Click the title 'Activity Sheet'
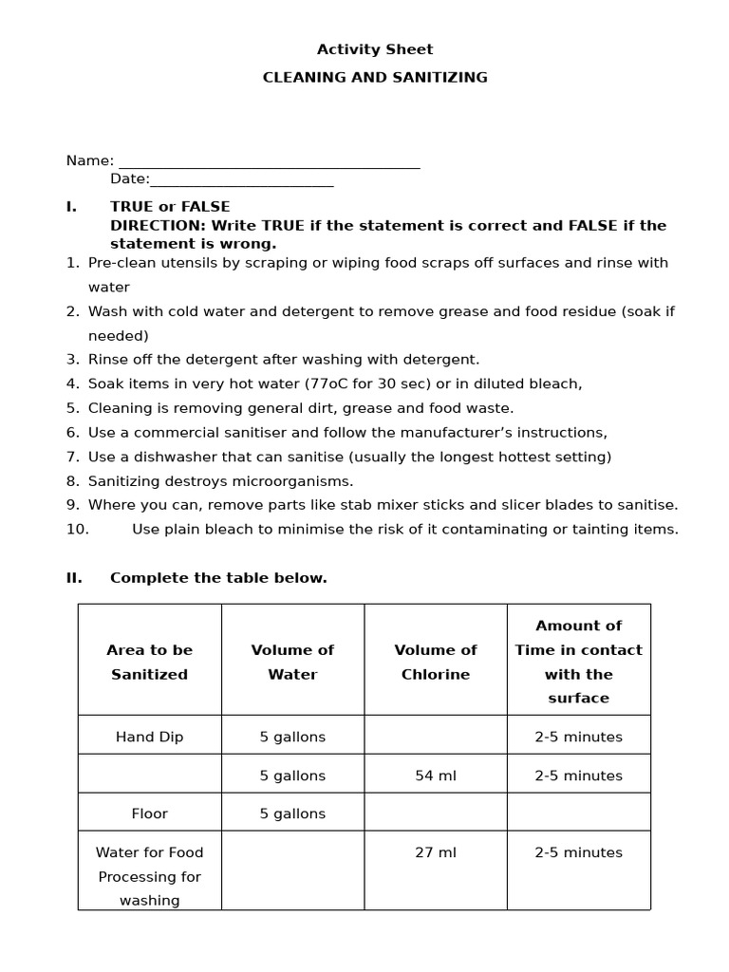(x=374, y=49)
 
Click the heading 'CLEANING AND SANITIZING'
(x=375, y=78)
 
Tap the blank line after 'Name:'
(x=269, y=162)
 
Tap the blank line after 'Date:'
(x=242, y=180)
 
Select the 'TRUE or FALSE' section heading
(x=170, y=207)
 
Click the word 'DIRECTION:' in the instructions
(x=158, y=226)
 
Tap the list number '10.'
(x=77, y=530)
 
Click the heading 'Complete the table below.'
(x=218, y=578)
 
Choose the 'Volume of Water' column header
(x=292, y=662)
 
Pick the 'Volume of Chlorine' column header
(x=436, y=662)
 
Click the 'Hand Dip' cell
(x=149, y=737)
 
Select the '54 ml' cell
(x=436, y=776)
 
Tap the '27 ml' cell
(x=436, y=852)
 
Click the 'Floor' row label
(x=149, y=813)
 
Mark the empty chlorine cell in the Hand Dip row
(x=436, y=736)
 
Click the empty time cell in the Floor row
(x=578, y=813)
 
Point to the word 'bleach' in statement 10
(x=215, y=530)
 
